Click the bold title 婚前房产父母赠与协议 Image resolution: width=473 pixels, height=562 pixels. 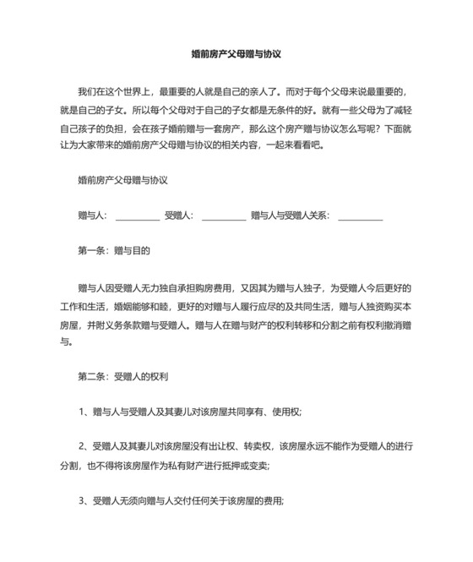tap(236, 52)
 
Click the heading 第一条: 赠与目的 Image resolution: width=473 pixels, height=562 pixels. tap(113, 251)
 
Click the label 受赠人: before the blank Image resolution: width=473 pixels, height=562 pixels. tap(179, 216)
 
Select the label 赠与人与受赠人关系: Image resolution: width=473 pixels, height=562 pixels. tap(291, 216)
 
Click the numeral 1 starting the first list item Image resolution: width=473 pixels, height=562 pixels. tap(81, 412)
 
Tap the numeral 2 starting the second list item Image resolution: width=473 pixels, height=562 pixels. tap(81, 446)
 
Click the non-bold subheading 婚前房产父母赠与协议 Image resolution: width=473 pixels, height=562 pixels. tap(122, 181)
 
